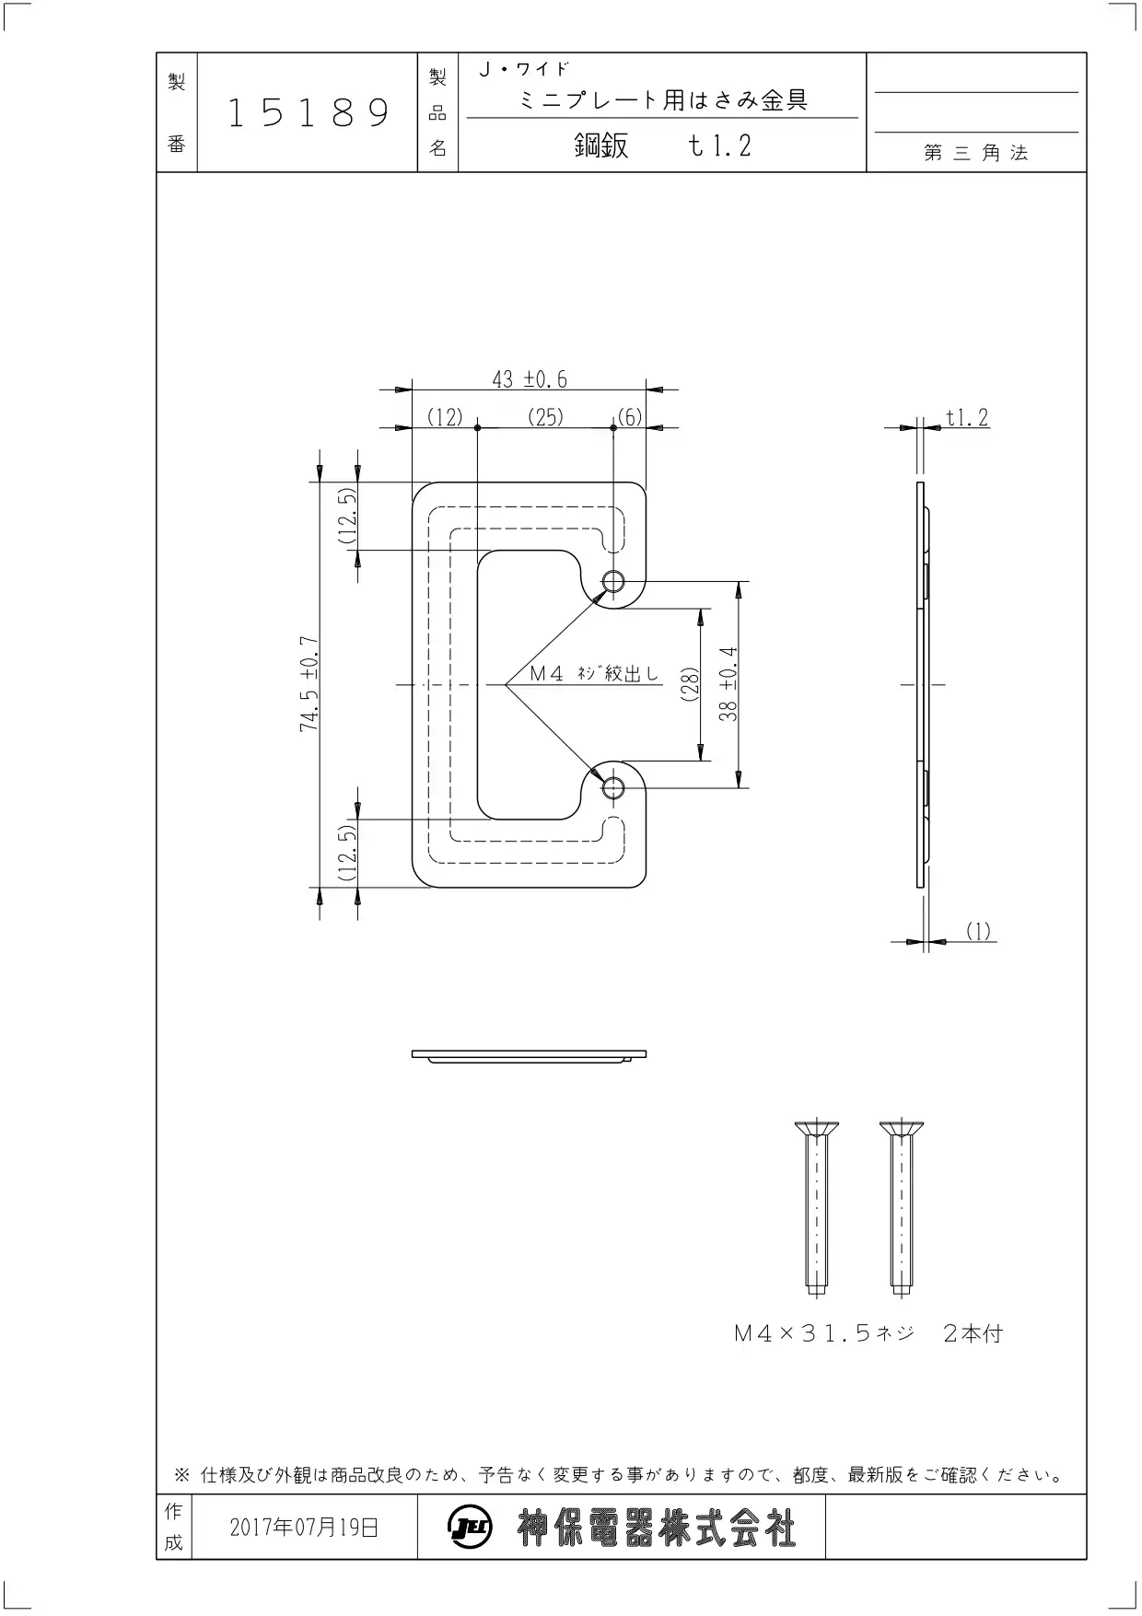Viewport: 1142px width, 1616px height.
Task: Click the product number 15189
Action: pos(309,112)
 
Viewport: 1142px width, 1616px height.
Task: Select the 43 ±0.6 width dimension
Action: pos(530,378)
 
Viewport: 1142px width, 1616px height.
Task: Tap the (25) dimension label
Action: pos(545,417)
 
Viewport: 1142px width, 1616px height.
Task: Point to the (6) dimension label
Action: pos(630,417)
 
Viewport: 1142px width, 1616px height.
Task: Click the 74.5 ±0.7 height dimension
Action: pos(309,684)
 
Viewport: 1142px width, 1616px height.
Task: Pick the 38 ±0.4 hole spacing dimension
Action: pos(728,683)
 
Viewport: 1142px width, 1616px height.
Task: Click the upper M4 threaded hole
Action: pos(613,582)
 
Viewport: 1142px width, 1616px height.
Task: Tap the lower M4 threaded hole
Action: pos(613,787)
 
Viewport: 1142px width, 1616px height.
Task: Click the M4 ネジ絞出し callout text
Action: pos(595,674)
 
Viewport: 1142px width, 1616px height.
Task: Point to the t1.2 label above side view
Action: pos(967,418)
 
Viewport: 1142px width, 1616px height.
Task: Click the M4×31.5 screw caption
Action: pos(868,1333)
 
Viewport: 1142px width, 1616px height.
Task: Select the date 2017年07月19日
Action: pos(304,1528)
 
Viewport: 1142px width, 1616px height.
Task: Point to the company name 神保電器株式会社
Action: pos(657,1529)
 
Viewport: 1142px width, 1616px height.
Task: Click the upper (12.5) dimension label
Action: pos(346,516)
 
